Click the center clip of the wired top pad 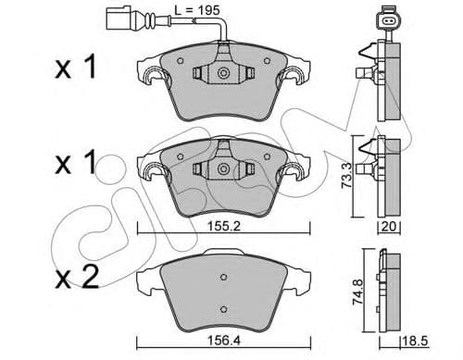pyautogui.click(x=223, y=74)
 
